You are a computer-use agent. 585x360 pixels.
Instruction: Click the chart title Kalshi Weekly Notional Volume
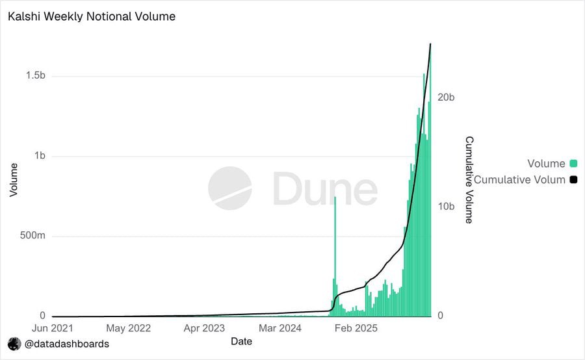coord(92,16)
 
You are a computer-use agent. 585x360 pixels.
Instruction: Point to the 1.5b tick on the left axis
coord(35,76)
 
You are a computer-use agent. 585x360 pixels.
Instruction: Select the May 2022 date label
coord(128,328)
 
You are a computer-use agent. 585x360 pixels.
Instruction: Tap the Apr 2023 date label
coord(204,328)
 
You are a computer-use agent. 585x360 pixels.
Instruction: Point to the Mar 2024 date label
coord(279,328)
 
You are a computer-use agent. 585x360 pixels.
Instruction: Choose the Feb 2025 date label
coord(356,328)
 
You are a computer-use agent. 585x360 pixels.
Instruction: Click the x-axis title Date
coord(241,341)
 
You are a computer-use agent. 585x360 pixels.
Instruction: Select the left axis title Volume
coord(14,179)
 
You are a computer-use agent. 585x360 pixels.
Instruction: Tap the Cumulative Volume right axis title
coord(469,179)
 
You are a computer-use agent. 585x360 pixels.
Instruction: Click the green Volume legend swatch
coord(573,164)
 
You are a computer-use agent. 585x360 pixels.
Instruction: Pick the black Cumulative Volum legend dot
coord(573,179)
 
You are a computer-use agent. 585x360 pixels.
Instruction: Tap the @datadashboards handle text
coord(67,344)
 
